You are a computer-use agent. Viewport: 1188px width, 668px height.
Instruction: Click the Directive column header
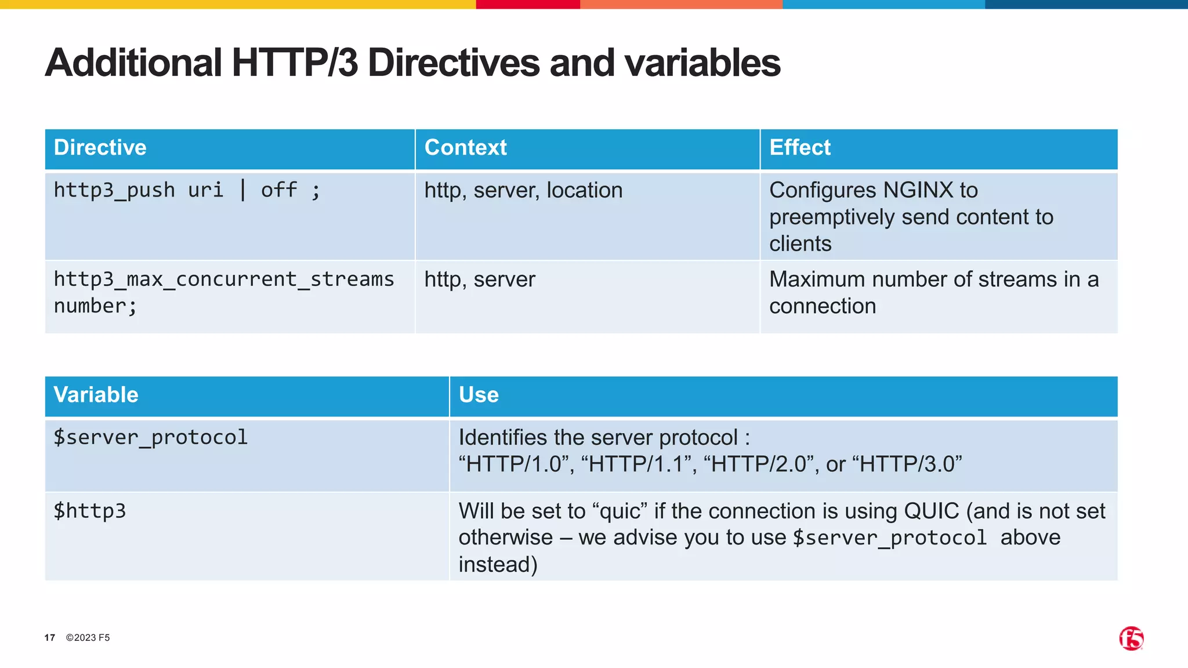100,148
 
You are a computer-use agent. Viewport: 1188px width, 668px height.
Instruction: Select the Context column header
466,148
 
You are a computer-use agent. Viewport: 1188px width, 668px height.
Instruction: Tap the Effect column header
800,148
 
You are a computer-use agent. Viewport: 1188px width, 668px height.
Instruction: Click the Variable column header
96,395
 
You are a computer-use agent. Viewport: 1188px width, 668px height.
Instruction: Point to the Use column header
479,395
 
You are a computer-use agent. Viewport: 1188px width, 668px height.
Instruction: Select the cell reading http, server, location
523,190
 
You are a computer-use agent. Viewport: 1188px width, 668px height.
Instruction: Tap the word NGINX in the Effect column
918,190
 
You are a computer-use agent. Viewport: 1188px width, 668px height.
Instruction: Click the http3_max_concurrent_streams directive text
224,279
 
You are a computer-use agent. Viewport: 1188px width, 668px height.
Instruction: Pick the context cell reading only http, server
480,279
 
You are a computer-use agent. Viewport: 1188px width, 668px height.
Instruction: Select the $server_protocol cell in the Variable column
151,437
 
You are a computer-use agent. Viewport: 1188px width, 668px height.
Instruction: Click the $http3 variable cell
90,511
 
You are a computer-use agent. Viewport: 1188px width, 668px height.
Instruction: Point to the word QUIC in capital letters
932,511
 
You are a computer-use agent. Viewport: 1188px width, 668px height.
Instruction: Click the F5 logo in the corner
1131,638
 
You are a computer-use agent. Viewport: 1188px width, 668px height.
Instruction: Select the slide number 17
50,638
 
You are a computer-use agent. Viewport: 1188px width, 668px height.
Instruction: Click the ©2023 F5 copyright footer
88,638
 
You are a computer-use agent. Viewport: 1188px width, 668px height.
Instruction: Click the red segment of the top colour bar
528,4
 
